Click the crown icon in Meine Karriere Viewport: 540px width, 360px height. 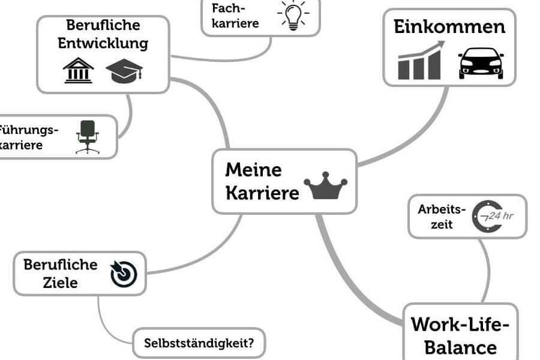click(x=326, y=187)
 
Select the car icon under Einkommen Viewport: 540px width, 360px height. click(x=481, y=63)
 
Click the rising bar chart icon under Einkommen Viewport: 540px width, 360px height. click(x=421, y=62)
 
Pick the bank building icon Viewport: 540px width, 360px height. click(x=79, y=70)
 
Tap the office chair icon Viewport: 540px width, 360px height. click(x=88, y=137)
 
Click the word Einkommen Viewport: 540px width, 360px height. click(x=449, y=27)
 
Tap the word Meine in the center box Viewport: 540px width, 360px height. click(x=253, y=170)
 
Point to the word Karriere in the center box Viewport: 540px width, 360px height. click(x=262, y=194)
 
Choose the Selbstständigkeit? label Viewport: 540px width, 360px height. click(x=199, y=344)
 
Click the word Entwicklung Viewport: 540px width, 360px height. click(x=103, y=44)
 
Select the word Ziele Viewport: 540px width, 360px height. click(x=60, y=283)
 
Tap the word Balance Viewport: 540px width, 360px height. click(x=460, y=347)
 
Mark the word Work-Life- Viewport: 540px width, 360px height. click(x=460, y=325)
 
